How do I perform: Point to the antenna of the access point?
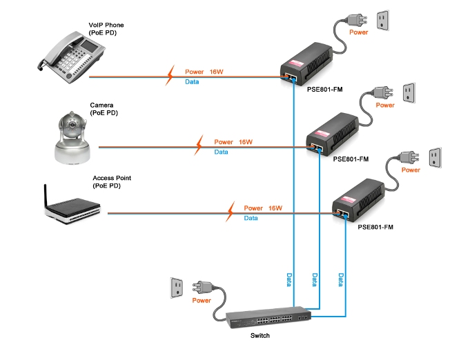pos(47,195)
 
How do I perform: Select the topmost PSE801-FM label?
pos(324,90)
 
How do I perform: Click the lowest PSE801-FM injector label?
pos(375,226)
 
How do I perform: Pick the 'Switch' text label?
pos(260,336)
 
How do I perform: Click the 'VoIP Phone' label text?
pos(106,26)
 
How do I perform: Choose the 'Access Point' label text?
pos(112,178)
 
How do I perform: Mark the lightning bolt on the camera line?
pos(199,145)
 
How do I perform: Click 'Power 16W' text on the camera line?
pos(234,142)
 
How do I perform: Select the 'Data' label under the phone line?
pos(192,83)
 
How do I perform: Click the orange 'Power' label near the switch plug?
pos(202,301)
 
